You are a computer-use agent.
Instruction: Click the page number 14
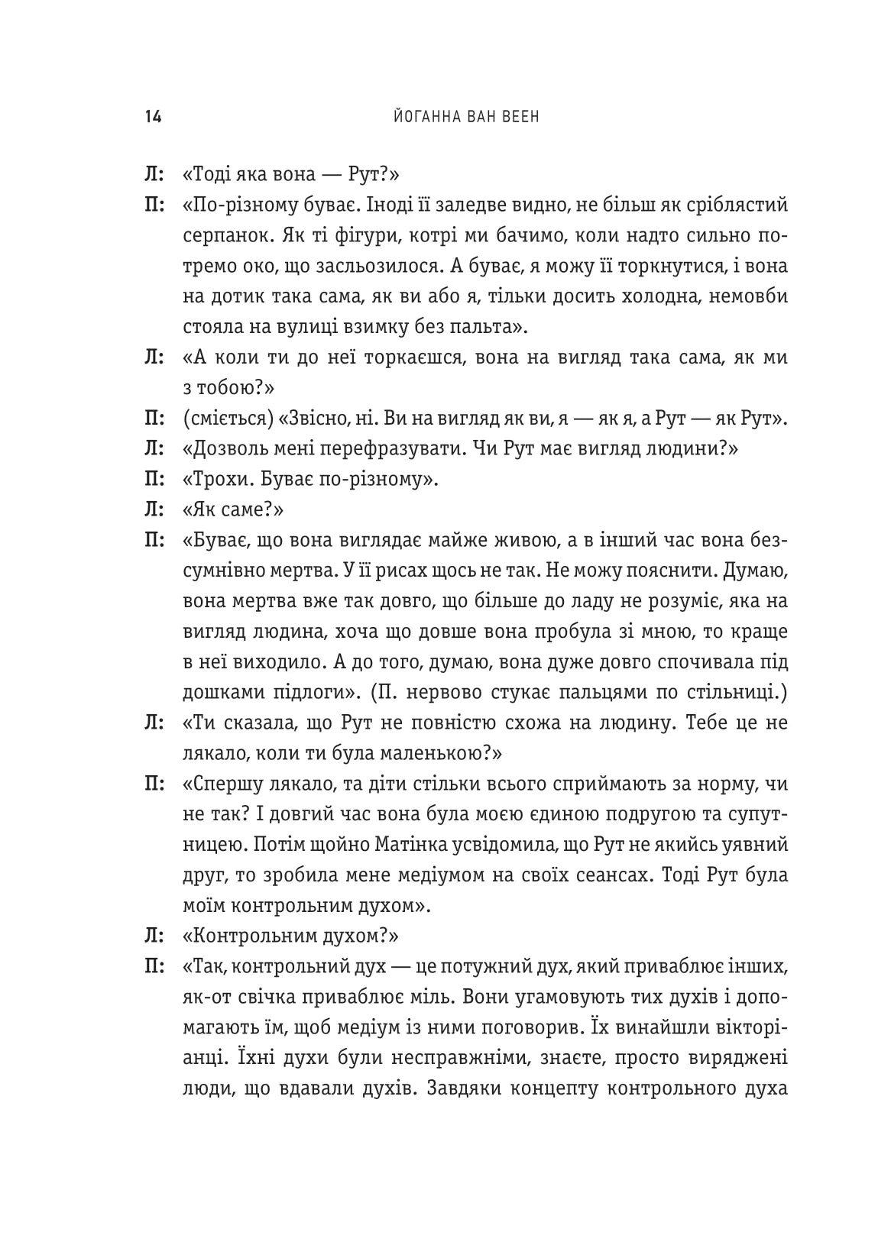pyautogui.click(x=151, y=118)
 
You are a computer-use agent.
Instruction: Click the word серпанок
pyautogui.click(x=219, y=237)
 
